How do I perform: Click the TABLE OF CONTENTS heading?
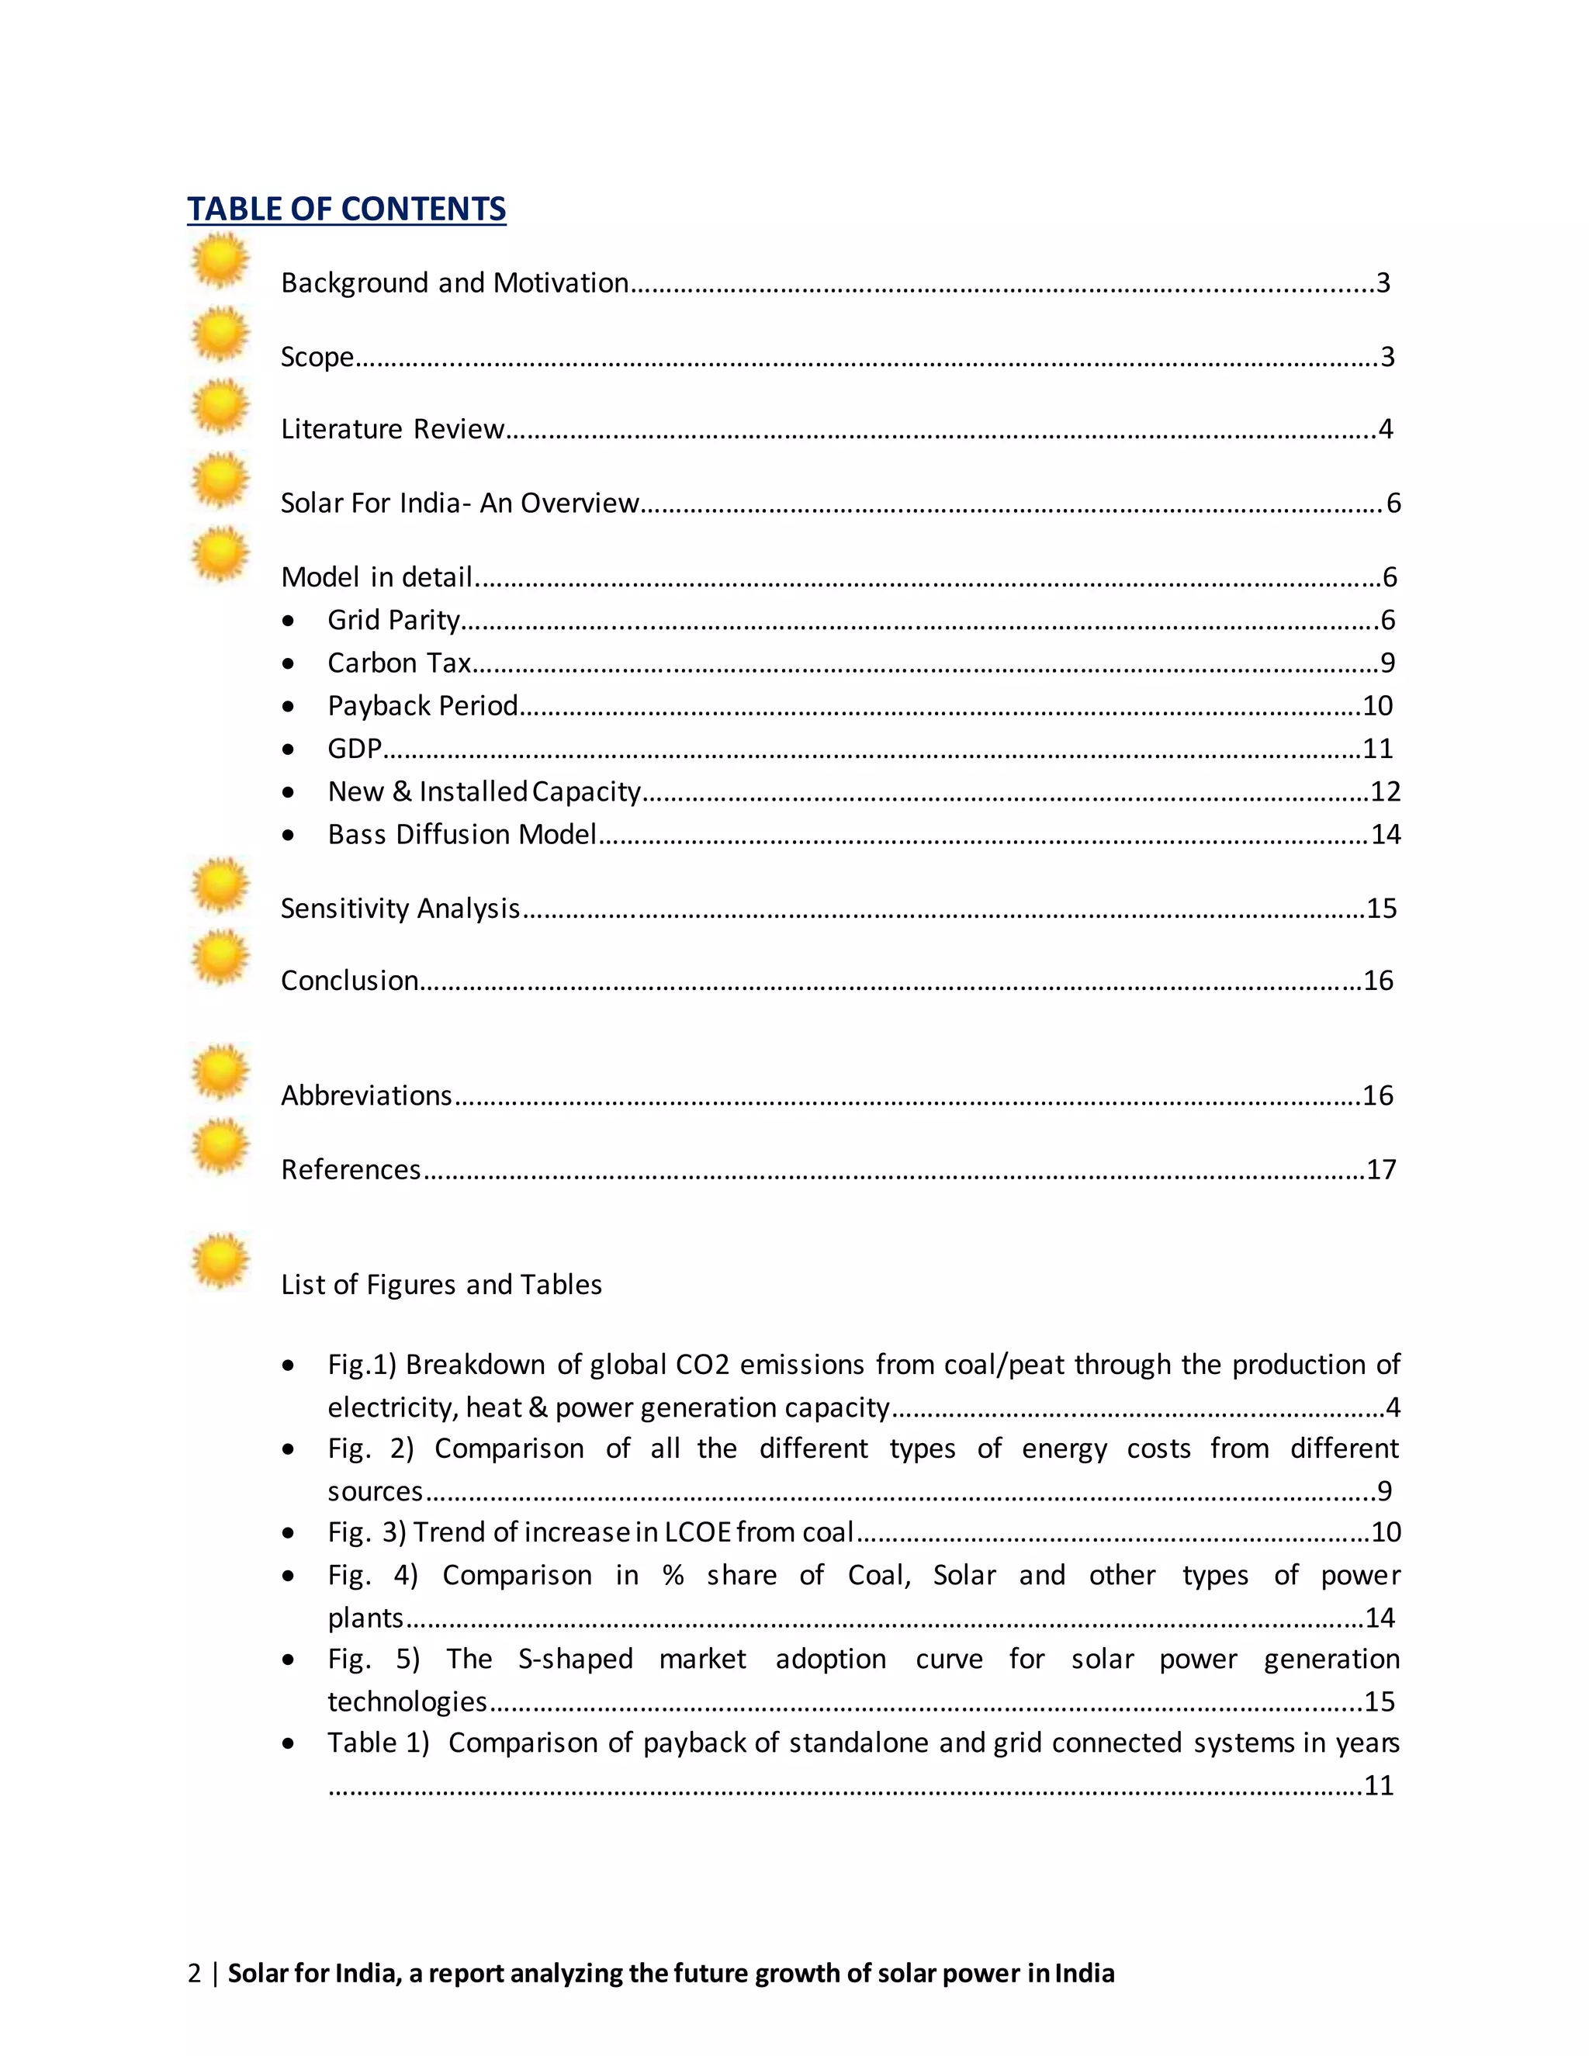tap(346, 209)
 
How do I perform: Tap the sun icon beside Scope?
tap(220, 334)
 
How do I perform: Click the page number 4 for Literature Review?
tap(1385, 429)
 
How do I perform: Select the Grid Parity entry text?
tap(393, 621)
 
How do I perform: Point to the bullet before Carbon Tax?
tap(288, 663)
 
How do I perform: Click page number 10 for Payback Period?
tap(1377, 706)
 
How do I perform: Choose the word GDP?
tap(354, 749)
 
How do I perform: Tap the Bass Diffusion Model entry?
tap(462, 835)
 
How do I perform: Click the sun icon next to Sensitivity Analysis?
tap(220, 885)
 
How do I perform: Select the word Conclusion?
tap(349, 981)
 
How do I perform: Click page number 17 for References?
tap(1381, 1170)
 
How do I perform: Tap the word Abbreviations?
tap(366, 1095)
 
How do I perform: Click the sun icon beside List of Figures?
tap(220, 1261)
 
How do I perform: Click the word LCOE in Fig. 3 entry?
tap(698, 1532)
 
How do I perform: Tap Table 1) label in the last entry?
tap(378, 1743)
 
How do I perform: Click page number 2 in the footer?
tap(194, 1973)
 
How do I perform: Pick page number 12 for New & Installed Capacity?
tap(1385, 791)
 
